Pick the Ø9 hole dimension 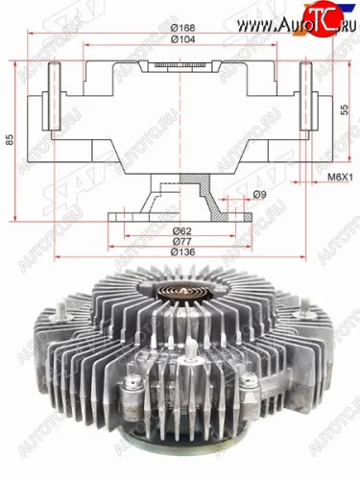258,197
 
